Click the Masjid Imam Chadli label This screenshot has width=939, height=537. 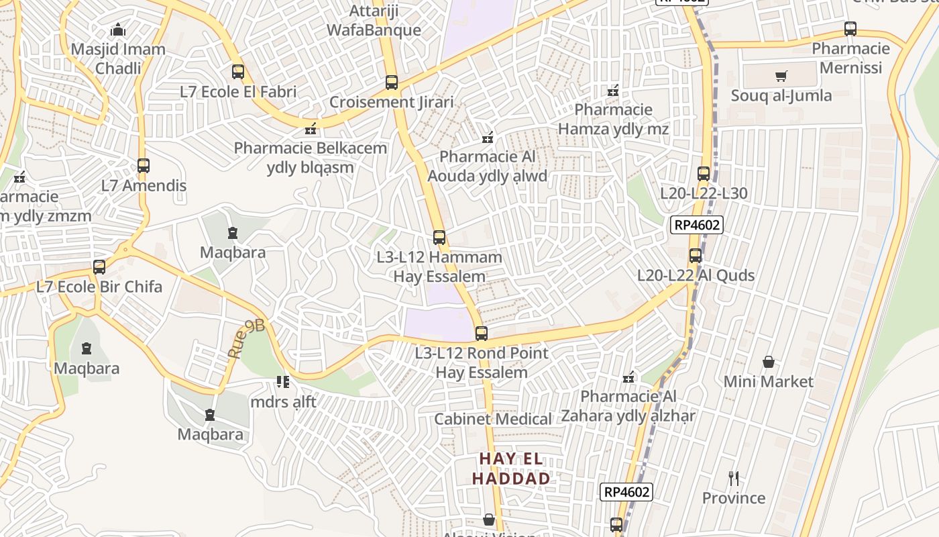(118, 58)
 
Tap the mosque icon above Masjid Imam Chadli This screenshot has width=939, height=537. (118, 30)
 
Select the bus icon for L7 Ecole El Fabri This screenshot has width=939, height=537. (237, 72)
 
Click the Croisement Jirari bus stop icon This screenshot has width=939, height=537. (392, 83)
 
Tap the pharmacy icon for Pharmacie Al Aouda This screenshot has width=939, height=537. (488, 138)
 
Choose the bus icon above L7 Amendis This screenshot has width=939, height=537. (143, 165)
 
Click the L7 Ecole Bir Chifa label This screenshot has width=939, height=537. (99, 287)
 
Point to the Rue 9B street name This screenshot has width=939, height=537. (245, 338)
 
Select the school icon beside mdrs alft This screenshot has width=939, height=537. (282, 382)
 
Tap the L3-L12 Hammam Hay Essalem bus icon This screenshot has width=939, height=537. (439, 237)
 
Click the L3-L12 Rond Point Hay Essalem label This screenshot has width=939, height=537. (481, 362)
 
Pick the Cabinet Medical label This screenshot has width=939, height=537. (493, 419)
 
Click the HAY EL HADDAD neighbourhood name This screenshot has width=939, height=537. (511, 469)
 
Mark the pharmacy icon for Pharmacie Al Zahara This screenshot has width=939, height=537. (628, 378)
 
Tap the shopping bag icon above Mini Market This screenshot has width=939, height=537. (769, 362)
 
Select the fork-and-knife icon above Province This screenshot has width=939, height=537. (734, 479)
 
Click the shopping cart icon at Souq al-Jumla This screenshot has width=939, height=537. (781, 76)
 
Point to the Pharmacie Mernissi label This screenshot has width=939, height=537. (850, 58)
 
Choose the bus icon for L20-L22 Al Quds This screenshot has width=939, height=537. (696, 255)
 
